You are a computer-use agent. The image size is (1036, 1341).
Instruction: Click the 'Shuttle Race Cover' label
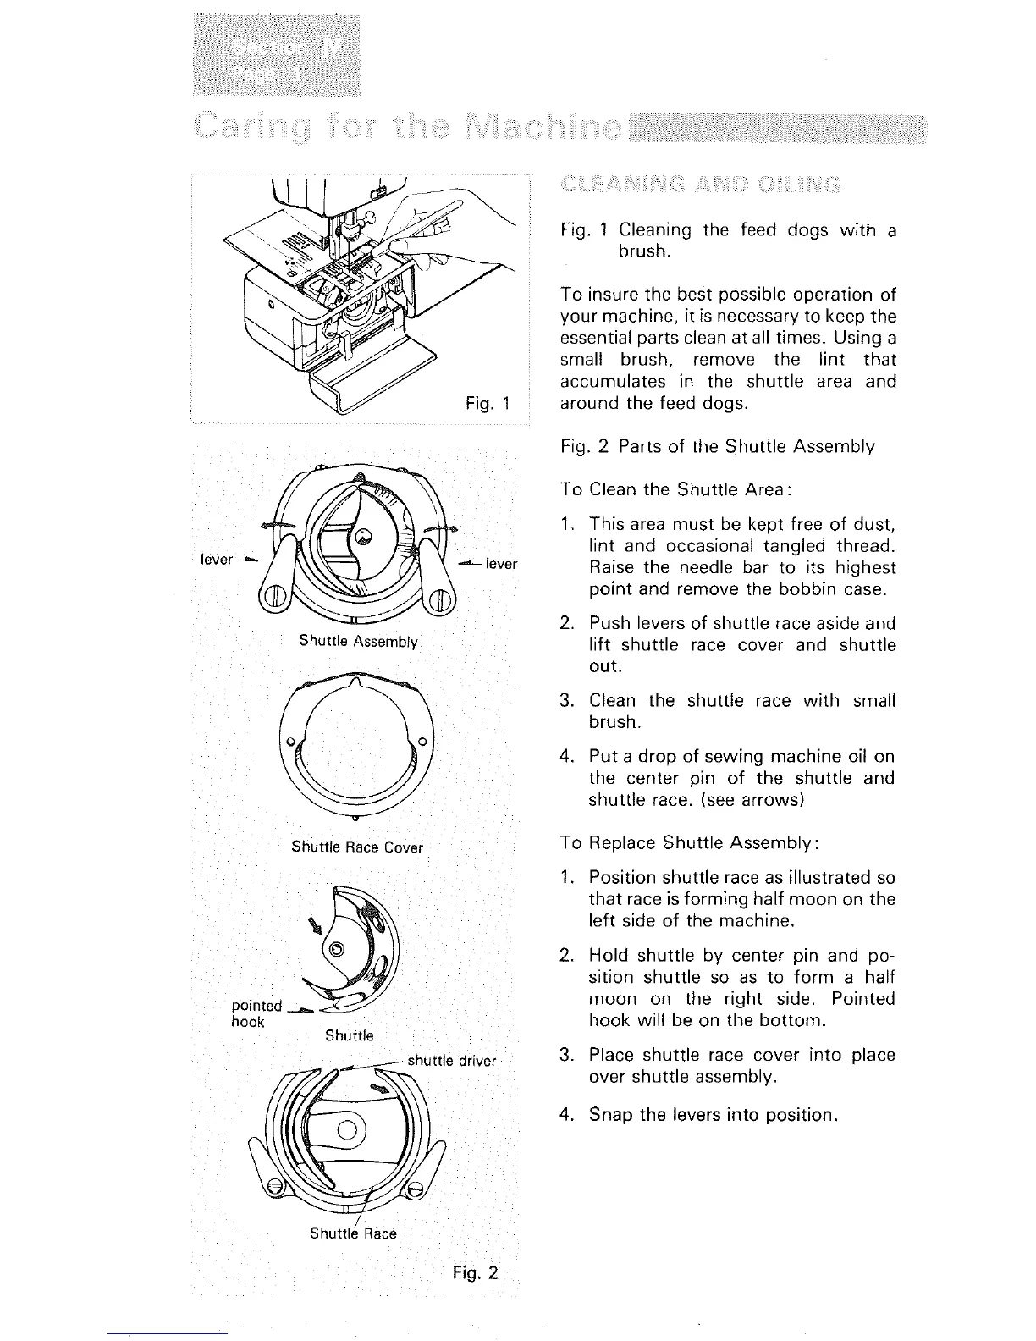[x=357, y=847]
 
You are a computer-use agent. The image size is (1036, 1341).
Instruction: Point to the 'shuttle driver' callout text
[x=451, y=1061]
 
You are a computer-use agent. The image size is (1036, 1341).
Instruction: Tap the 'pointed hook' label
[x=256, y=1013]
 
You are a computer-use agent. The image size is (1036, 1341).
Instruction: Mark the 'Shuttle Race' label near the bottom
[x=353, y=1233]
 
